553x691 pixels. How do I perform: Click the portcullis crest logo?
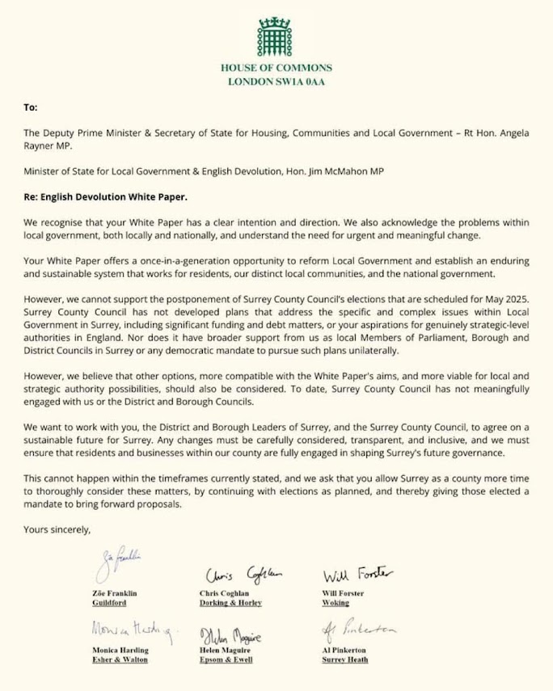click(x=275, y=32)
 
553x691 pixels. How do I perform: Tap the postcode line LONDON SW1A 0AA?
click(x=275, y=82)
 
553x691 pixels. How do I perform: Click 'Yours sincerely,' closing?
click(x=57, y=530)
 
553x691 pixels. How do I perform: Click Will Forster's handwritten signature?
click(x=358, y=575)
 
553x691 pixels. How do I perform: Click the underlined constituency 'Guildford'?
click(x=112, y=603)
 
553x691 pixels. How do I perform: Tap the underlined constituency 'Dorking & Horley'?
click(x=230, y=603)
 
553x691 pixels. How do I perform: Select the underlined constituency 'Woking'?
click(x=336, y=603)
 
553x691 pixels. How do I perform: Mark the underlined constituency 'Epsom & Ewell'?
click(x=226, y=659)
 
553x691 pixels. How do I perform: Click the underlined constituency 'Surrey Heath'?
click(x=346, y=659)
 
